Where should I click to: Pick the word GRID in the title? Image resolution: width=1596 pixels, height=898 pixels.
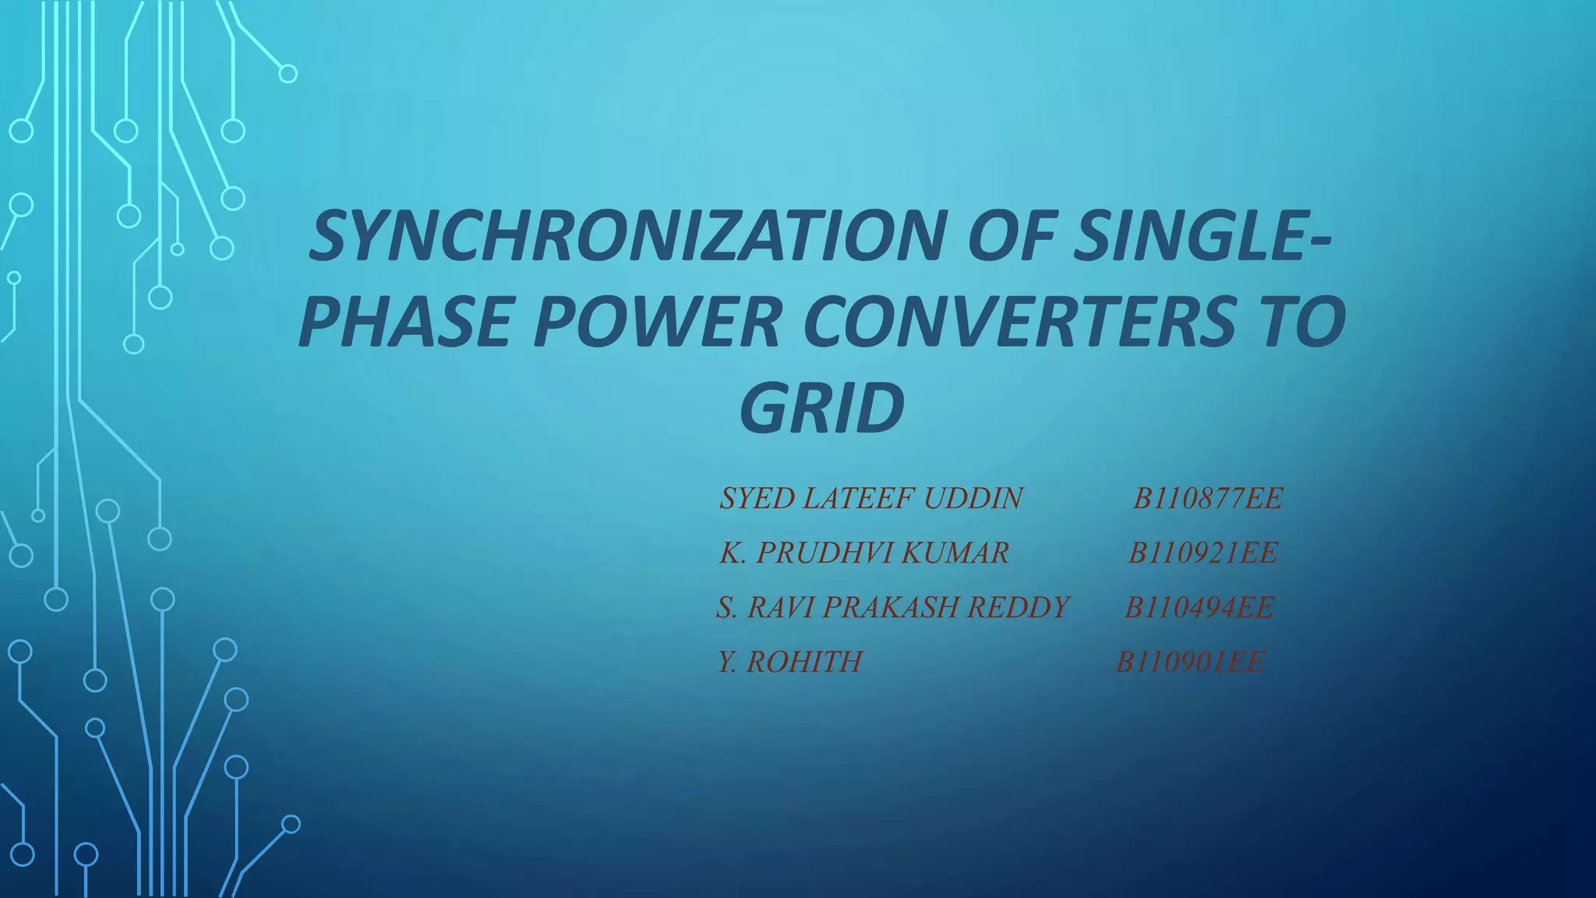tap(822, 408)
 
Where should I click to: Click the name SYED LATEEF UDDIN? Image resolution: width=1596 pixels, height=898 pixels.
tap(871, 498)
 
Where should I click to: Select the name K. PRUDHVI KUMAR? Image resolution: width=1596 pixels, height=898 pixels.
tap(864, 553)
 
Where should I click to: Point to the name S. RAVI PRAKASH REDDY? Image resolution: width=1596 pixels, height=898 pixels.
tap(893, 607)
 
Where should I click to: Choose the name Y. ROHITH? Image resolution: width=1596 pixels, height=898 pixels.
tap(790, 662)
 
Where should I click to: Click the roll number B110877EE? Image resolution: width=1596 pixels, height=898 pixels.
tap(1207, 498)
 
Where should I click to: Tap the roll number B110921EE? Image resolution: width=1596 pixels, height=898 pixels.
tap(1203, 553)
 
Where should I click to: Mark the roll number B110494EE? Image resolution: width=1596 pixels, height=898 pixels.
tap(1199, 607)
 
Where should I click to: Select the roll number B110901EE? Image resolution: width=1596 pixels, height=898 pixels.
tap(1191, 662)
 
